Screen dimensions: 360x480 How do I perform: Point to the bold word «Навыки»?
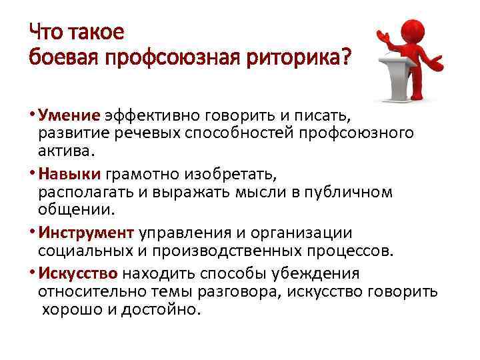tap(69, 175)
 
